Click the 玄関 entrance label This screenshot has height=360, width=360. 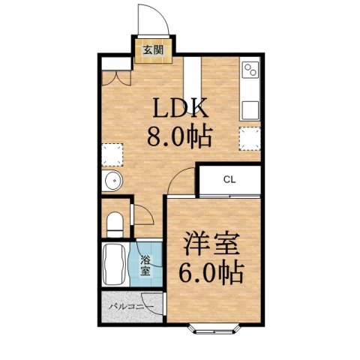(152, 50)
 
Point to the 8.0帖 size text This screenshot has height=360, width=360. (180, 137)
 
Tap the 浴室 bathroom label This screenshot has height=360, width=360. (146, 264)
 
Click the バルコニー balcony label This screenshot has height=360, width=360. (131, 307)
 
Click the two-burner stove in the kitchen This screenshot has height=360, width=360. (250, 72)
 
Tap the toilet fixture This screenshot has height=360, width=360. (115, 223)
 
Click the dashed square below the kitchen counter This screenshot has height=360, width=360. (249, 138)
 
